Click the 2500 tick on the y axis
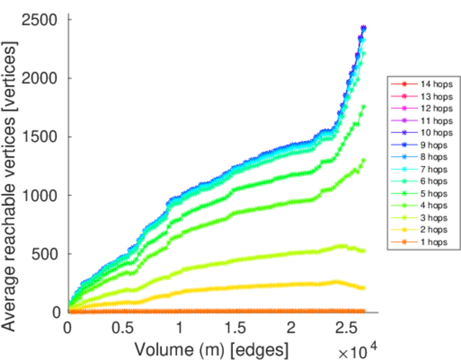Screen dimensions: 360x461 click(41, 20)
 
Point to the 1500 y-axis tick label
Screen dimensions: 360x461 click(41, 137)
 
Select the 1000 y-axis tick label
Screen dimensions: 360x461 click(41, 196)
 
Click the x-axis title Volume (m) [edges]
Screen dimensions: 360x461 click(211, 349)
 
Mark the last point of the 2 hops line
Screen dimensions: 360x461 click(363, 288)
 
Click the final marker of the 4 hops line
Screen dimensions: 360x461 click(363, 160)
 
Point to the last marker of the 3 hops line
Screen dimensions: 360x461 click(363, 251)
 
